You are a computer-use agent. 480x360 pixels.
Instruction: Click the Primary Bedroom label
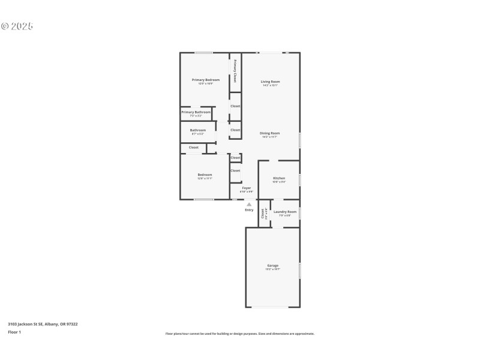pos(205,80)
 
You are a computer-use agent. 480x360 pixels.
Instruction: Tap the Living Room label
pos(270,82)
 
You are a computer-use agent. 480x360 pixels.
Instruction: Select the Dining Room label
pos(269,133)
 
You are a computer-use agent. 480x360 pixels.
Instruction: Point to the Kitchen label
pos(279,178)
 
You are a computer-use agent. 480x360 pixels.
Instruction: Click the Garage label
pos(272,265)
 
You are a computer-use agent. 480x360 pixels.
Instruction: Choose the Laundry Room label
pos(285,211)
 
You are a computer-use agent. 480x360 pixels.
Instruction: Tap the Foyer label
pos(246,188)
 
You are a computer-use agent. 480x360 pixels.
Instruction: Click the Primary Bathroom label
pos(196,112)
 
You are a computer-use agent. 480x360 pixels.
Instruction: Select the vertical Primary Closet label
pos(235,71)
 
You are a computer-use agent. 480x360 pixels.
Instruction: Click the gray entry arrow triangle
pos(249,204)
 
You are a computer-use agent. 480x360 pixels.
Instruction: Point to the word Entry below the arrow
pos(249,210)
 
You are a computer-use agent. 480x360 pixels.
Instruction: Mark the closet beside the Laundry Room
pos(263,214)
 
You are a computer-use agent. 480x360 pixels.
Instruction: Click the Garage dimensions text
pos(272,269)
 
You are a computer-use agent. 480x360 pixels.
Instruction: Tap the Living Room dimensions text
pos(270,85)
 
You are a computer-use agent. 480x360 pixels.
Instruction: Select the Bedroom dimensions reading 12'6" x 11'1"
pos(205,178)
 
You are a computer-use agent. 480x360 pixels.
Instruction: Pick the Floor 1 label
pos(14,332)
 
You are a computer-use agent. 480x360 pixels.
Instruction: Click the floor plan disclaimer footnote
pos(240,334)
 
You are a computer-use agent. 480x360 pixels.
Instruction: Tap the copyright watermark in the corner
pos(17,26)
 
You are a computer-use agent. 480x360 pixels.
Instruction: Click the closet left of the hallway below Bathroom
pos(194,147)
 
